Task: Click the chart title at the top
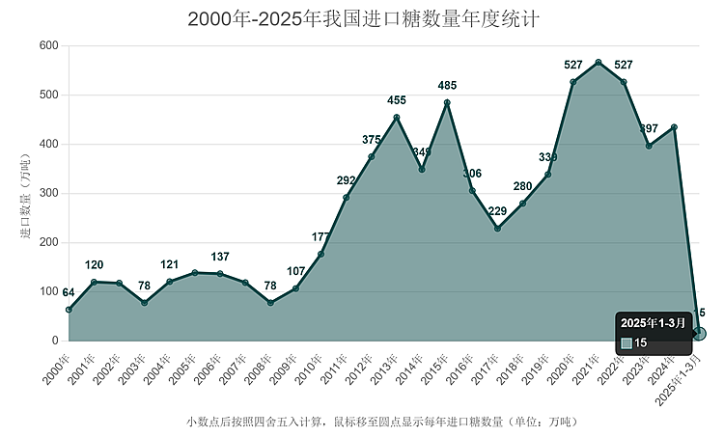362,19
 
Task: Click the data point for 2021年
599,63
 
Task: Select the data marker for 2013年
397,118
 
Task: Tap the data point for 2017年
497,229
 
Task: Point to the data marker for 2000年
69,310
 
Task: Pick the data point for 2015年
447,102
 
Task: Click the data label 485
448,86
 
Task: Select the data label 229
498,212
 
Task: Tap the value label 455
397,100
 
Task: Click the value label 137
220,257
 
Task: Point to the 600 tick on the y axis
49,46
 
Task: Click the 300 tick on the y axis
49,194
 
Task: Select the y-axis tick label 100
49,291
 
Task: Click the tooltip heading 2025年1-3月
654,322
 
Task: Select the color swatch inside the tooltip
627,343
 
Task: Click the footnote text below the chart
381,422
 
